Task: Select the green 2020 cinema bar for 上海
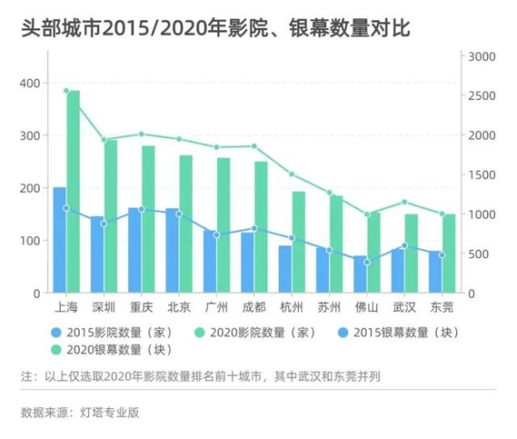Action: coord(73,193)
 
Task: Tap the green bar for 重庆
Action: coord(148,219)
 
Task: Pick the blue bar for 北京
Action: coord(172,255)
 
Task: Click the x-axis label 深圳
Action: coord(104,307)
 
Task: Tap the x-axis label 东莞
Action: coord(442,307)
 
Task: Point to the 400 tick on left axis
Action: coord(29,83)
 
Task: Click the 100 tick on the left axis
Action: coord(29,241)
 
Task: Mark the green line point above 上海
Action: coord(66,90)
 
